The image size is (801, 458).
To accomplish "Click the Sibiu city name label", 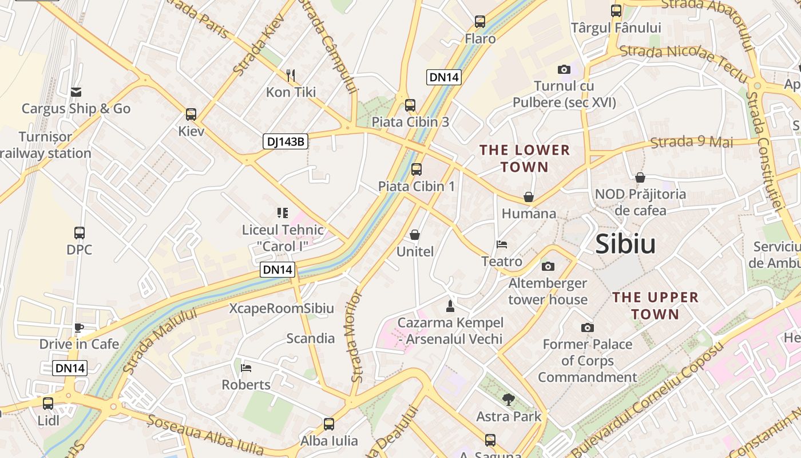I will pos(625,244).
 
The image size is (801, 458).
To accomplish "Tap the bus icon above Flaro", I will pos(480,22).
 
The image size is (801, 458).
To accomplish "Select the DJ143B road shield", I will pos(285,141).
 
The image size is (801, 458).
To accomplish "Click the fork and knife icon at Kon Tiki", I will pos(291,75).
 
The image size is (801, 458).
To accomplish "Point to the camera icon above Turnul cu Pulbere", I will pos(564,70).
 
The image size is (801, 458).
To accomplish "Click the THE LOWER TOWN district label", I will pos(525,159).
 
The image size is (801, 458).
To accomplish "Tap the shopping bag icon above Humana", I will pos(529,197).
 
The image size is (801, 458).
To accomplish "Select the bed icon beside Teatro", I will pos(502,244).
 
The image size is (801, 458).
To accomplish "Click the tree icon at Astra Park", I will pos(508,400).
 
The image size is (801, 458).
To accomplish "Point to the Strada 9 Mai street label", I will pos(692,142).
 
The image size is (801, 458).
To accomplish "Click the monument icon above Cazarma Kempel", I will pos(450,306).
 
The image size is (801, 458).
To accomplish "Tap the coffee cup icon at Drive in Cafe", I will pos(79,327).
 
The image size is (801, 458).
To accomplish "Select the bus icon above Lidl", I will pos(48,404).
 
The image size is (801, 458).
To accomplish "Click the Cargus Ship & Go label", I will pos(76,109).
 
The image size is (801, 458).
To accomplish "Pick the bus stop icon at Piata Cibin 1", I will pos(417,169).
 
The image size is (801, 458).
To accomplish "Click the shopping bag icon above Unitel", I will pos(415,235).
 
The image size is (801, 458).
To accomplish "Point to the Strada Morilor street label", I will pos(356,337).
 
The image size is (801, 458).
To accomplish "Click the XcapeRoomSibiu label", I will pos(281,309).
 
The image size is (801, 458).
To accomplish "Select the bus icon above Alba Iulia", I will pos(329,424).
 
